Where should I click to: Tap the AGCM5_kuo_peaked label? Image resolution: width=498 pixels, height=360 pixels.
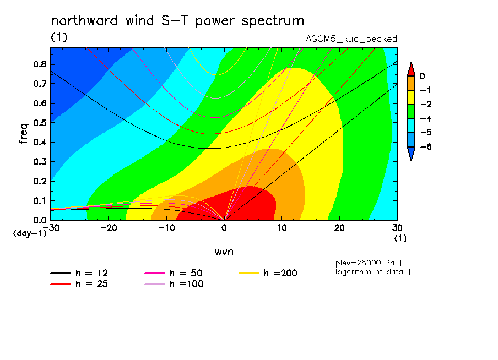pyautogui.click(x=351, y=39)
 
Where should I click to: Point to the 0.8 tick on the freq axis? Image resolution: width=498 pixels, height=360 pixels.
pyautogui.click(x=40, y=64)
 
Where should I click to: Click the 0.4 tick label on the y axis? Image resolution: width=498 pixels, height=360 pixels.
pyautogui.click(x=40, y=142)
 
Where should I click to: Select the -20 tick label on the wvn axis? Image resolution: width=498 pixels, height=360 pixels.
pyautogui.click(x=109, y=228)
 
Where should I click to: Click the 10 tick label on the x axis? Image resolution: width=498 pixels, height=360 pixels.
pyautogui.click(x=282, y=228)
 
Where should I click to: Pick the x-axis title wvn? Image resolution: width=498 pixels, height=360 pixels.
pyautogui.click(x=224, y=252)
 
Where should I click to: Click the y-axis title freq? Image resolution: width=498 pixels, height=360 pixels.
pyautogui.click(x=24, y=134)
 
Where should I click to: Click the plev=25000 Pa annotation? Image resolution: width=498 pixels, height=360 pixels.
pyautogui.click(x=365, y=263)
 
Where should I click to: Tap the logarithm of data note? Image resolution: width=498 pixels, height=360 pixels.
pyautogui.click(x=370, y=272)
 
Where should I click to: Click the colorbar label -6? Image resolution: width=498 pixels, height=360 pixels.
pyautogui.click(x=426, y=146)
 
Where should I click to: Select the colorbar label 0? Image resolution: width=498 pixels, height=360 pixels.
pyautogui.click(x=423, y=76)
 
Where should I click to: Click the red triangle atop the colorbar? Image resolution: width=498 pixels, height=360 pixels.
pyautogui.click(x=411, y=69)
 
